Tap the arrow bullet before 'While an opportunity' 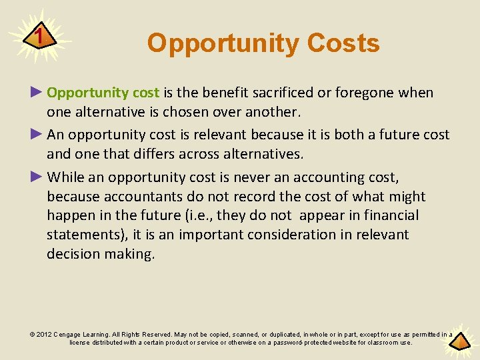[x=37, y=177]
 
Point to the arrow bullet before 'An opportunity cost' [x=37, y=135]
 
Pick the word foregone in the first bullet [x=363, y=93]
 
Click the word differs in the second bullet [x=155, y=154]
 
